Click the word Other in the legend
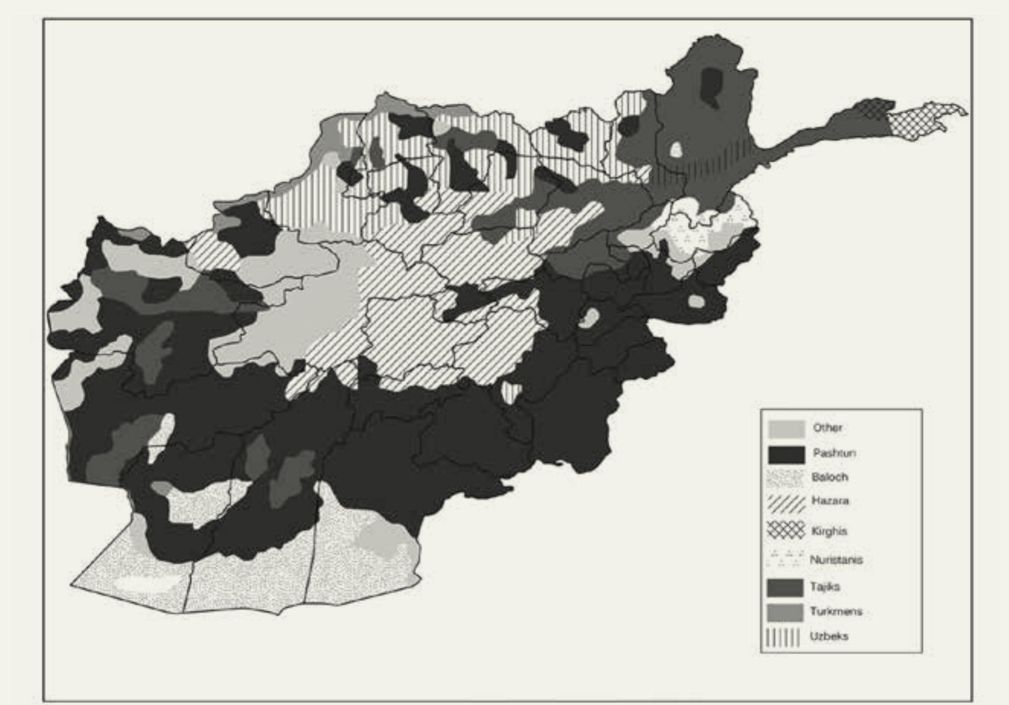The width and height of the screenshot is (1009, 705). coord(828,428)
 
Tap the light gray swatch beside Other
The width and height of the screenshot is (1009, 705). coord(786,429)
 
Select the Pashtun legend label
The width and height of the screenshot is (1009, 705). coord(834,453)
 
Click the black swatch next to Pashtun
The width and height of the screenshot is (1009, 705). coord(786,455)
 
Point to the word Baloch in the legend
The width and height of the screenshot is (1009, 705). coord(830,477)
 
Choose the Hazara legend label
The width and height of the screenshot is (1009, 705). coord(830,501)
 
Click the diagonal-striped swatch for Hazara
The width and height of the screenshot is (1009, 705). coord(786,504)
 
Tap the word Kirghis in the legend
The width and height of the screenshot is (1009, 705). coord(829,531)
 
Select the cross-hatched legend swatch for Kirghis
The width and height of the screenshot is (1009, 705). coord(786,530)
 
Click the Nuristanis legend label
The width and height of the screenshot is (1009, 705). coord(836,560)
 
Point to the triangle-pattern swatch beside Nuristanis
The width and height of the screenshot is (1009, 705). coord(785,558)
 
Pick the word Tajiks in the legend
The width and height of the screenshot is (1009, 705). coord(825,587)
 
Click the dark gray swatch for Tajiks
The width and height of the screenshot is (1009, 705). coord(785,588)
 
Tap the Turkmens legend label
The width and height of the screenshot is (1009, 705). coord(836,611)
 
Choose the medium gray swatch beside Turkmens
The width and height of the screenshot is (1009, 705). coord(785,613)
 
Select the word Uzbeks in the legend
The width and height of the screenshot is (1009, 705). coord(829,636)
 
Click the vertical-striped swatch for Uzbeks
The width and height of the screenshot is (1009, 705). coord(783,637)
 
